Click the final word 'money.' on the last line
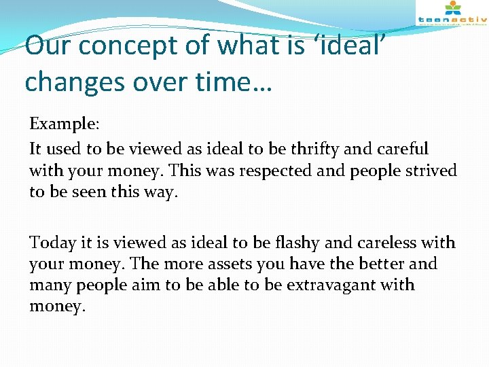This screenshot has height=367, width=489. [57, 307]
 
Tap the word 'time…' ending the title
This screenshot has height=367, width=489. [239, 82]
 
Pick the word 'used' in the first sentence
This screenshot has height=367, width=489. [58, 148]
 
